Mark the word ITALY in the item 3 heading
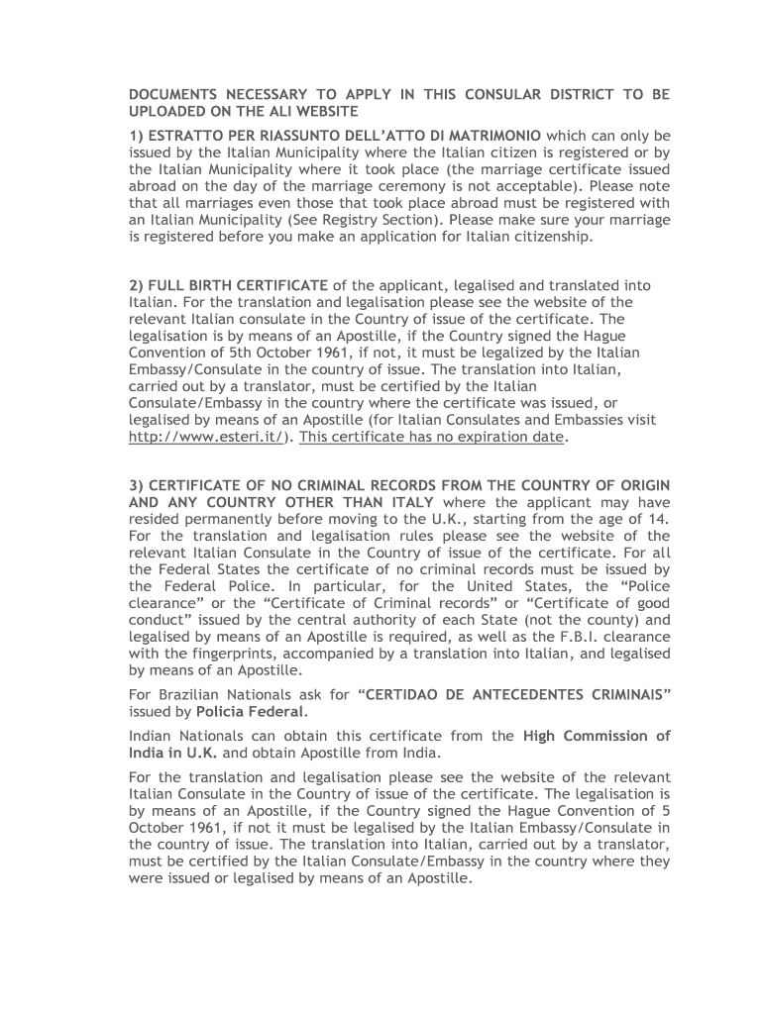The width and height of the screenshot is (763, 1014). [x=409, y=502]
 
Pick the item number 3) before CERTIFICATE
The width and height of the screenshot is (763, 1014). [x=138, y=485]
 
